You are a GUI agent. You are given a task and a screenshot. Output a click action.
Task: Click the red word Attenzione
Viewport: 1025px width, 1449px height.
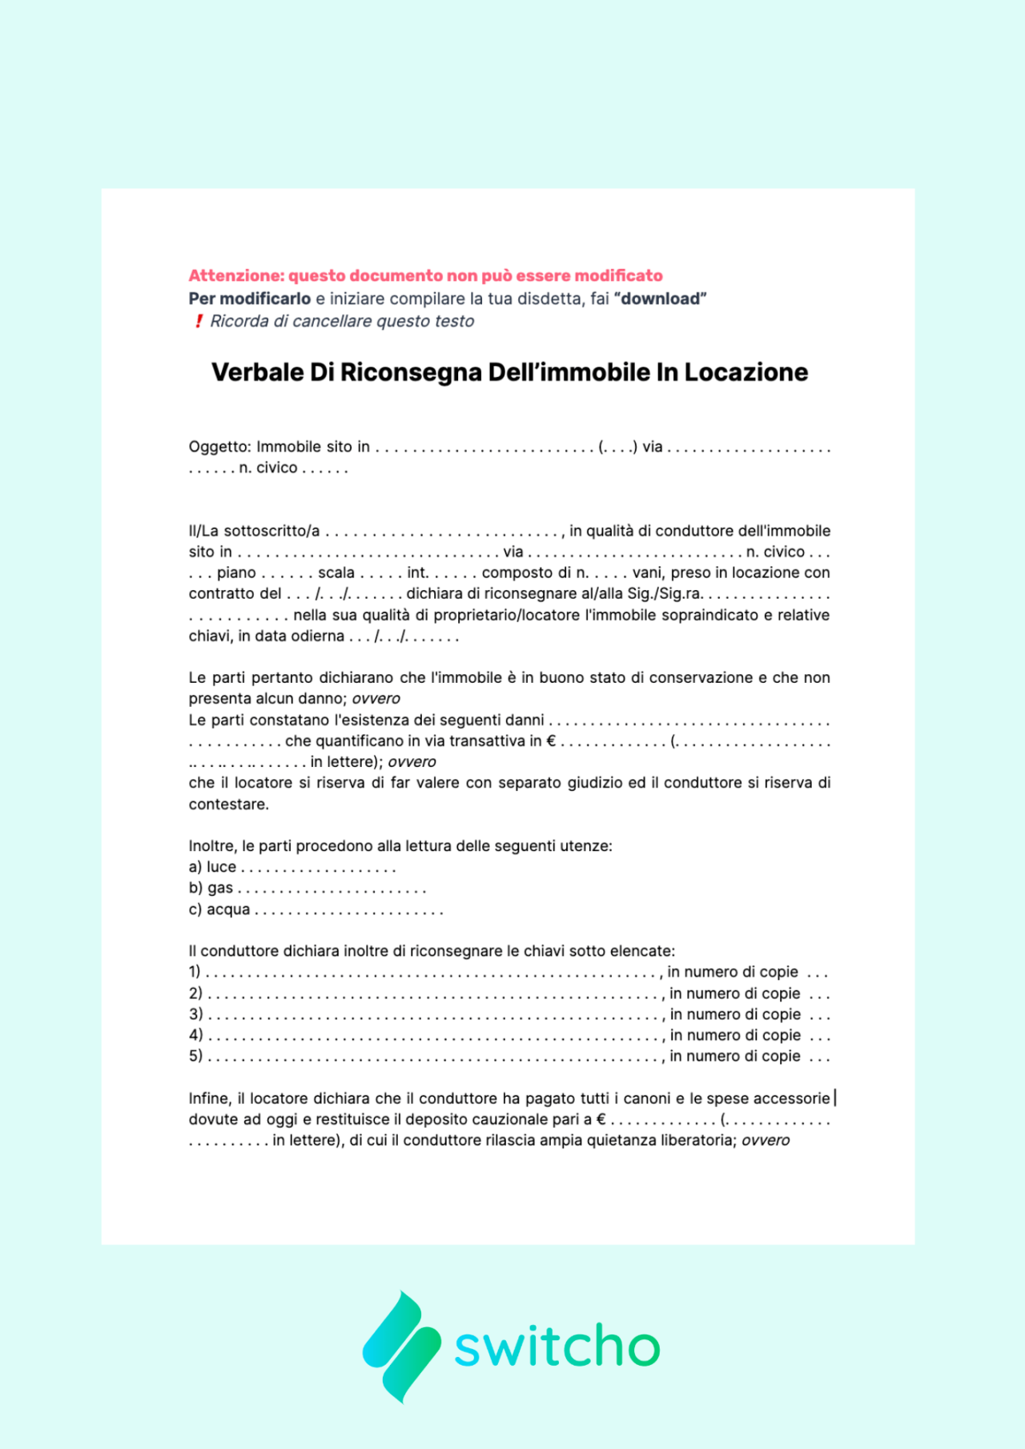[x=235, y=275]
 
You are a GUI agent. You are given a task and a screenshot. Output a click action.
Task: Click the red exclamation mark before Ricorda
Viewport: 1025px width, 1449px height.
[x=199, y=321]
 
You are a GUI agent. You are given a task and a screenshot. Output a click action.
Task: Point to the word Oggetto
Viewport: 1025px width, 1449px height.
[x=219, y=447]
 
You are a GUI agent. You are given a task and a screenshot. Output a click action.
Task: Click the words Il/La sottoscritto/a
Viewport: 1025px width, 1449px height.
[x=254, y=531]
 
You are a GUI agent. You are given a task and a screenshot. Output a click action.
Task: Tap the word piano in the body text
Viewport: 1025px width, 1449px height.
[x=236, y=572]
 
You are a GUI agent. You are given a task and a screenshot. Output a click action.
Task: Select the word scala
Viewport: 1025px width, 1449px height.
[x=336, y=572]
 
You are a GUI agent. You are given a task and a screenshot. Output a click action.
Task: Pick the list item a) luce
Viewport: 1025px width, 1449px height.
[x=213, y=867]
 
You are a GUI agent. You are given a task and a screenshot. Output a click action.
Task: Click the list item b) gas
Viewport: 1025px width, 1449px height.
[x=211, y=888]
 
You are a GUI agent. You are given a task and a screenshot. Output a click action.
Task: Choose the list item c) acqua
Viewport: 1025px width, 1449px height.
[x=219, y=909]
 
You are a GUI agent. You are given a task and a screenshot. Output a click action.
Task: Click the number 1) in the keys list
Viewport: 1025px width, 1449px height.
[x=195, y=972]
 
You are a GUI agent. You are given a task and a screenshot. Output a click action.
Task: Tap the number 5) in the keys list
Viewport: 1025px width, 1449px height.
[x=195, y=1056]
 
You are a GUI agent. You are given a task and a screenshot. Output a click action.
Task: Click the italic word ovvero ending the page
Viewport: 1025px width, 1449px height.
[x=765, y=1140]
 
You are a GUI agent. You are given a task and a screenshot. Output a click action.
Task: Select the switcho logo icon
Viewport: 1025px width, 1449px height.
[x=402, y=1347]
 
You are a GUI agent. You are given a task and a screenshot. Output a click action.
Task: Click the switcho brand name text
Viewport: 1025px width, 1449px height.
[x=557, y=1347]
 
